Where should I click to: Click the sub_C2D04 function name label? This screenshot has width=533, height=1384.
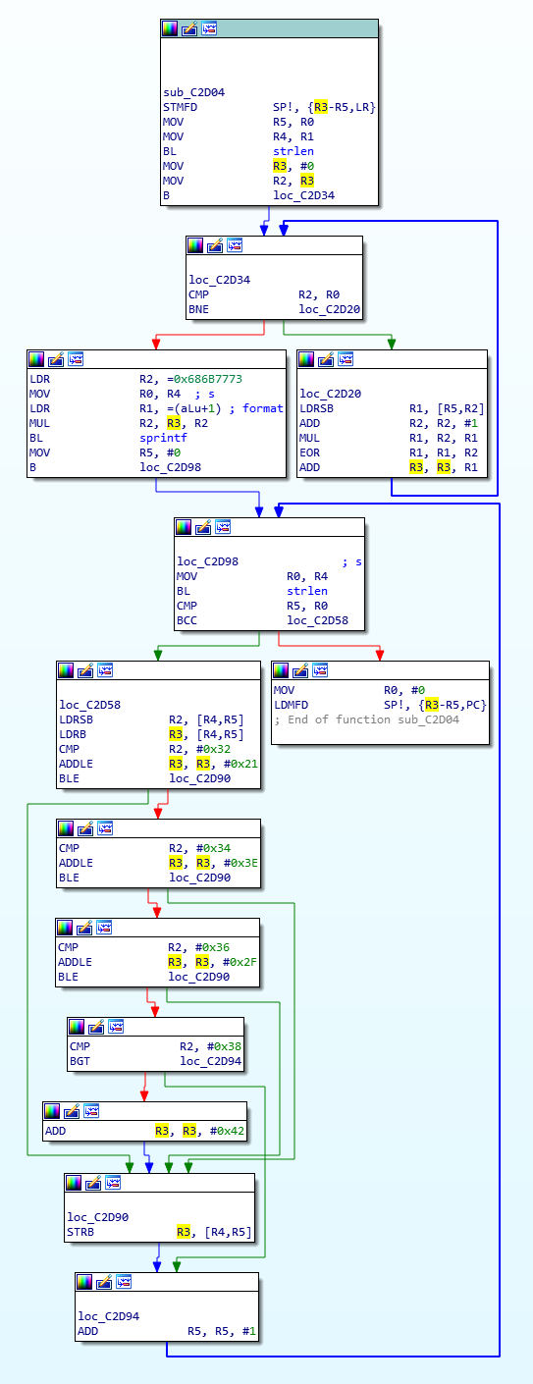pos(194,92)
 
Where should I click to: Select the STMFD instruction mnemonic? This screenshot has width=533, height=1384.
pos(181,108)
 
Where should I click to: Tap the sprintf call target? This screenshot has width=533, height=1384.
pos(163,438)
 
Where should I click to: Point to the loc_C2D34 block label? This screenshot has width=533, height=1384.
pos(219,280)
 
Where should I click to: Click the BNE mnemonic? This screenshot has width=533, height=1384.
pos(199,309)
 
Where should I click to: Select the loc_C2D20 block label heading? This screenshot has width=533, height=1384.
pos(331,394)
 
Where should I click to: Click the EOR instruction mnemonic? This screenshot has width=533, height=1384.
pos(310,452)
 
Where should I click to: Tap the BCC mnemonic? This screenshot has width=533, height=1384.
pos(187,621)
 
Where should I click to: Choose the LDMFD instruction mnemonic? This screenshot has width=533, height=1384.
pos(291,705)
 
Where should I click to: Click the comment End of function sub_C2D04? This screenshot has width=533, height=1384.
pos(367,719)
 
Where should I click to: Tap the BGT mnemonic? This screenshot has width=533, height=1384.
pos(80,1061)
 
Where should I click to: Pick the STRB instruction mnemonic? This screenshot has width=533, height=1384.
pos(80,1232)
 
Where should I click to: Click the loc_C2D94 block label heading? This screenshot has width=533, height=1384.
pos(109,1316)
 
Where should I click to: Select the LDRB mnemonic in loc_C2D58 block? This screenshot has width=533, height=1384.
pos(73,734)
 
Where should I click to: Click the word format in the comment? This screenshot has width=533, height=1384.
pos(262,408)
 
